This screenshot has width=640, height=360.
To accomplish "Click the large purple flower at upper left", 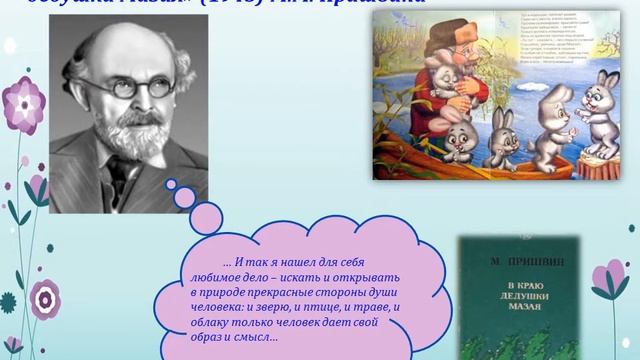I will tap(23, 105).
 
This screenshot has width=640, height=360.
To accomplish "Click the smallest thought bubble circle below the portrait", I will tap(171, 184).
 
